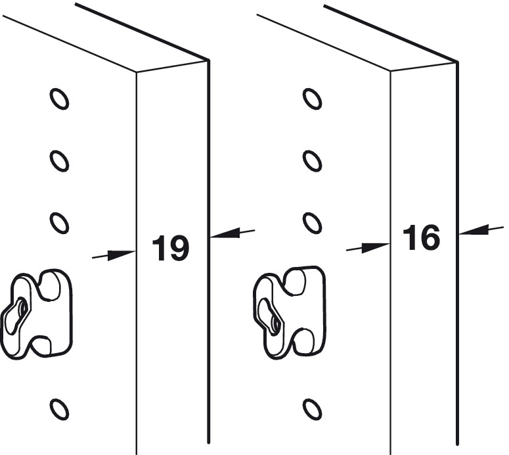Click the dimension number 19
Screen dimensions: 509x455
pyautogui.click(x=171, y=248)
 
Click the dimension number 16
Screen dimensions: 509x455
pyautogui.click(x=422, y=237)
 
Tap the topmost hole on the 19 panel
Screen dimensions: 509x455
pyautogui.click(x=59, y=99)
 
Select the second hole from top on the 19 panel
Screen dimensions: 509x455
pyautogui.click(x=59, y=161)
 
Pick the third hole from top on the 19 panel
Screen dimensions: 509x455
pyautogui.click(x=59, y=223)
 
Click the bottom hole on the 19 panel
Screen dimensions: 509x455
pyautogui.click(x=59, y=409)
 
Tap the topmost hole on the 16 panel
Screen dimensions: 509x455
pyautogui.click(x=312, y=99)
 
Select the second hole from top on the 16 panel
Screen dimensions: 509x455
pyautogui.click(x=312, y=161)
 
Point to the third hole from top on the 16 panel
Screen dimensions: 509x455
pyautogui.click(x=312, y=223)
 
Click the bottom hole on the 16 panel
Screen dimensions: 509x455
pyautogui.click(x=312, y=409)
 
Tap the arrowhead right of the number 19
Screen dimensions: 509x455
pyautogui.click(x=225, y=233)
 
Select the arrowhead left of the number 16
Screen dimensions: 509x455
pyautogui.click(x=376, y=247)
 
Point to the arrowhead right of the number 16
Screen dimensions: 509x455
pyautogui.click(x=474, y=229)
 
